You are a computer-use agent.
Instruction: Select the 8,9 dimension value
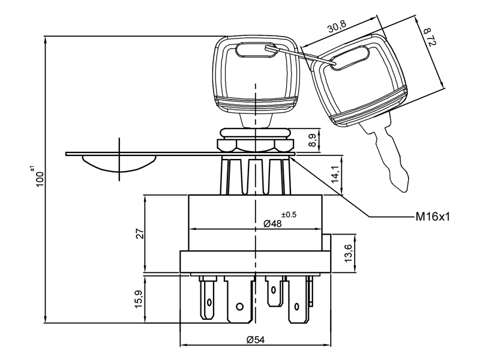(x=313, y=140)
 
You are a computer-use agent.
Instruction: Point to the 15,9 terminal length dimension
(x=139, y=299)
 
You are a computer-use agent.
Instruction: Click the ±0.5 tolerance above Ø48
(x=289, y=214)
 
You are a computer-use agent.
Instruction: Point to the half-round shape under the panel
(x=119, y=163)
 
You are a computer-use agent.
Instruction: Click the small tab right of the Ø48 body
(x=328, y=243)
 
